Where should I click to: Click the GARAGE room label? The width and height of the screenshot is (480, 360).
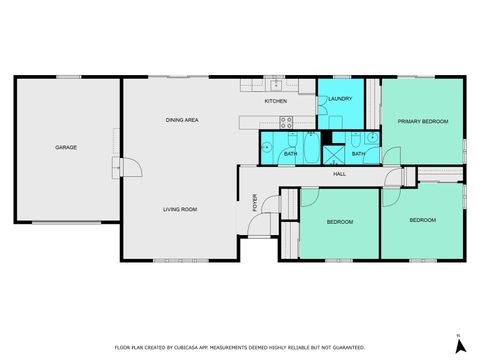pyautogui.click(x=66, y=147)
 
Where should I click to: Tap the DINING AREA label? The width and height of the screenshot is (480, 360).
pyautogui.click(x=182, y=120)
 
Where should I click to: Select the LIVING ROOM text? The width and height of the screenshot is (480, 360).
pyautogui.click(x=181, y=209)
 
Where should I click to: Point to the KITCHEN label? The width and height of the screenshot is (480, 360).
pyautogui.click(x=276, y=101)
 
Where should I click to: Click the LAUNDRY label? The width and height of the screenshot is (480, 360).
pyautogui.click(x=340, y=98)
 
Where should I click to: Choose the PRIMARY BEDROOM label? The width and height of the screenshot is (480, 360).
pyautogui.click(x=422, y=121)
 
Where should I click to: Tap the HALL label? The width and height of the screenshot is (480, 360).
pyautogui.click(x=340, y=175)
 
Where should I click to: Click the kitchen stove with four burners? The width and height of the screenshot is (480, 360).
pyautogui.click(x=286, y=123)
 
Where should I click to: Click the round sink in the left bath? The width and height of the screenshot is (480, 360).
pyautogui.click(x=267, y=146)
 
